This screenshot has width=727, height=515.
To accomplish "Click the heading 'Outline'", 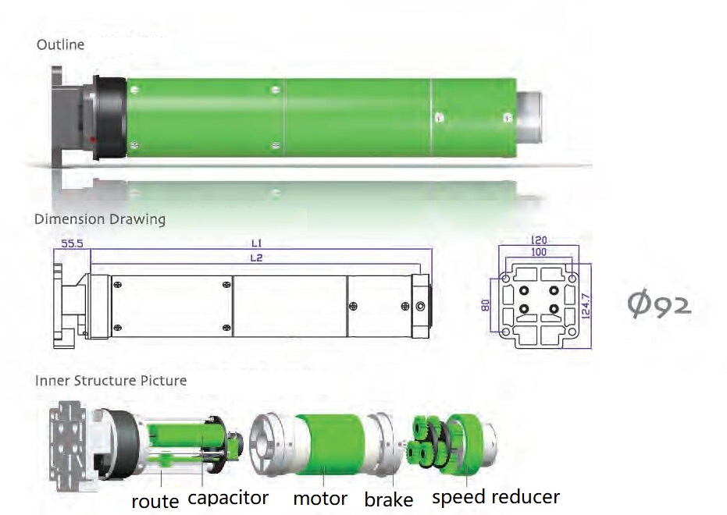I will pyautogui.click(x=60, y=45).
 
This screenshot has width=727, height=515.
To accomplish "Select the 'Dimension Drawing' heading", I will pyautogui.click(x=100, y=219).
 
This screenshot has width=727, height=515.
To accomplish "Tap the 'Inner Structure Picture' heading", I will pyautogui.click(x=111, y=381).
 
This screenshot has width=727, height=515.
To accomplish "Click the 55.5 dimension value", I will pyautogui.click(x=72, y=244).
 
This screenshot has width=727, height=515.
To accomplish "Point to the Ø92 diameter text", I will pyautogui.click(x=659, y=304).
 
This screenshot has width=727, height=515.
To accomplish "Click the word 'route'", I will pyautogui.click(x=155, y=500).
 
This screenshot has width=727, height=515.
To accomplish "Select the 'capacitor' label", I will pyautogui.click(x=228, y=498).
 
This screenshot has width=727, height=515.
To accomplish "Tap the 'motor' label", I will pyautogui.click(x=320, y=498).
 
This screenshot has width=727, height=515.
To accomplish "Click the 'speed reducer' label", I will pyautogui.click(x=495, y=497).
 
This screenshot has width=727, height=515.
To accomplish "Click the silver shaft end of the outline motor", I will pyautogui.click(x=528, y=116).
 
